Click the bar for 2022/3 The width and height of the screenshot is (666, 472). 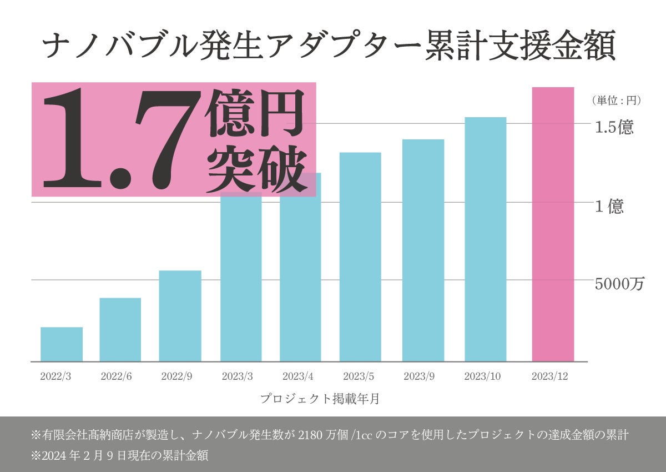point(62,344)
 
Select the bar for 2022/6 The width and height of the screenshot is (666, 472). point(120,329)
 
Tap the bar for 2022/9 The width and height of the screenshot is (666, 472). point(180,316)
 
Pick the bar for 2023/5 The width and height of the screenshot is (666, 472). point(360,257)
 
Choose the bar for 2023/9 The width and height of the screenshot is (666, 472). point(423,250)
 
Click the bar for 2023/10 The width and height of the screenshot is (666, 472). point(486,239)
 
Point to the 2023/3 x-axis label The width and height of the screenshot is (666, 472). point(238,376)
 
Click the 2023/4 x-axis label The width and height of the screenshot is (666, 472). point(299,376)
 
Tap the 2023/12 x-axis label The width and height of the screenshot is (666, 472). point(549,376)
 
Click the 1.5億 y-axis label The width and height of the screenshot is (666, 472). point(614,128)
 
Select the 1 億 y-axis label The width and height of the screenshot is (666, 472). point(609,207)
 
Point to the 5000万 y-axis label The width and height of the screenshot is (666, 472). point(619,284)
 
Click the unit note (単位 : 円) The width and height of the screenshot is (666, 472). point(616,101)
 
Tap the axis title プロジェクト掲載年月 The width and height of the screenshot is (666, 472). point(320,399)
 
